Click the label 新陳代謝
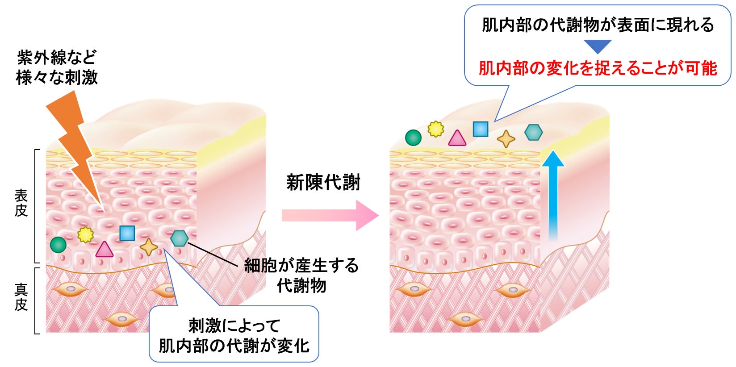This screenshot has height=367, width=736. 323,183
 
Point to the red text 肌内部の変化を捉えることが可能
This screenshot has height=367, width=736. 598,68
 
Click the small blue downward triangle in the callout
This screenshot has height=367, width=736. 598,46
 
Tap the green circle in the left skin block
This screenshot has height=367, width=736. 58,245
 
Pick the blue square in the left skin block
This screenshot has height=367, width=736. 127,233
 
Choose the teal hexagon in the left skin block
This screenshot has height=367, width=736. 179,238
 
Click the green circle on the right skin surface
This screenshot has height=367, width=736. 413,138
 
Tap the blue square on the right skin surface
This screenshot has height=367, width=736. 481,129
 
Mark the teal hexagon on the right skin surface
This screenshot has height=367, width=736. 533,132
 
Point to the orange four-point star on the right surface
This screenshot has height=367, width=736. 506,139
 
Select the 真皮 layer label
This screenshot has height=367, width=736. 21,297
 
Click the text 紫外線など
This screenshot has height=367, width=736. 57,57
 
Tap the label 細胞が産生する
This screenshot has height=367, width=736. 301,266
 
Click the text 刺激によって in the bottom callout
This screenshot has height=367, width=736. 234,325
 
